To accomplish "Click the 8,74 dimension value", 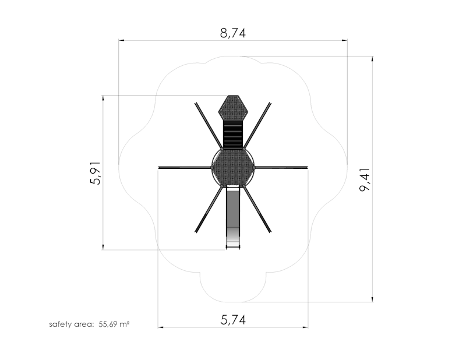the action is tap(233, 33).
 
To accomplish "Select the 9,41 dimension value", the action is tap(365, 179).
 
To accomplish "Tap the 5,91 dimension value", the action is tap(95, 173).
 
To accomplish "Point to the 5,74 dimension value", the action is tap(233, 320).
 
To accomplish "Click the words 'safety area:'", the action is tap(71, 324).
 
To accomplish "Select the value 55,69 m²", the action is tap(114, 324).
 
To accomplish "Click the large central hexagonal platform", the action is tap(233, 168).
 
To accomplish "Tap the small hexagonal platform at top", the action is tap(233, 108).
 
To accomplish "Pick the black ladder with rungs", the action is tap(233, 134).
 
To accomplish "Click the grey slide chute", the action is tap(233, 217).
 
